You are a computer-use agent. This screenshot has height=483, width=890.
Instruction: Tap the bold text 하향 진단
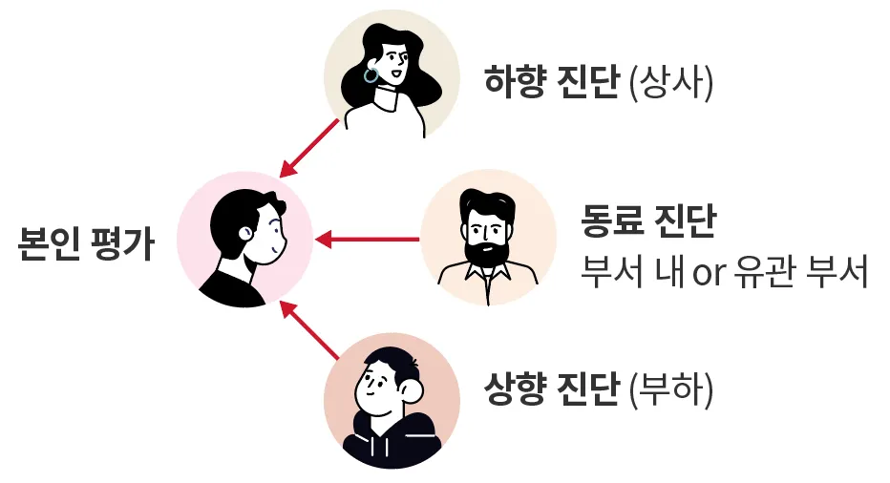[551, 84]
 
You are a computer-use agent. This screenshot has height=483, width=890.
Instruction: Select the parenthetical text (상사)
[671, 84]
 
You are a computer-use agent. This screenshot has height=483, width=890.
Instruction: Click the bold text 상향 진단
[551, 391]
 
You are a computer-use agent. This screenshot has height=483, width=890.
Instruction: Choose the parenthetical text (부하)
[671, 391]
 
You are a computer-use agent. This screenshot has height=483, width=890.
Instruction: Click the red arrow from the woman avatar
[311, 149]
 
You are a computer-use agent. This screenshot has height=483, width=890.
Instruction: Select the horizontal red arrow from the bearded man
[368, 239]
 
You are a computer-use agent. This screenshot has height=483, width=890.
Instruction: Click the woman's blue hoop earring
[371, 73]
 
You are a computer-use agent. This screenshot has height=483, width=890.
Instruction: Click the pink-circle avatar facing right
[245, 239]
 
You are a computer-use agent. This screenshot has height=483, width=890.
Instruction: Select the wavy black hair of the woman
[420, 67]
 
